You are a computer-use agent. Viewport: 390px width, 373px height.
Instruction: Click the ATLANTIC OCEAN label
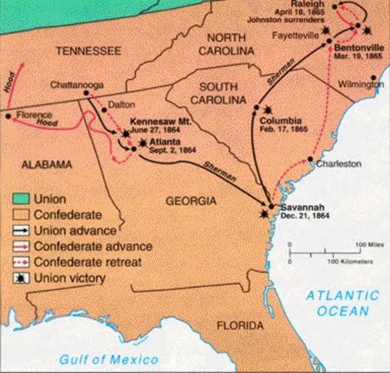(343, 303)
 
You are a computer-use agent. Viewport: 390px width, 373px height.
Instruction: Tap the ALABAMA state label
(38, 165)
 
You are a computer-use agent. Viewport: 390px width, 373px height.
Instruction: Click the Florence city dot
(9, 116)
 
